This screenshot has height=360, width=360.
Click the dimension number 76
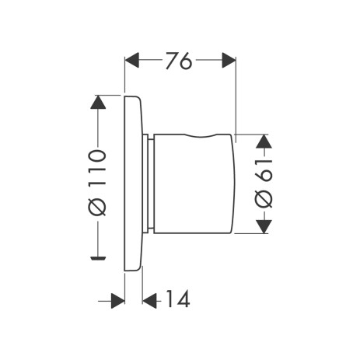click(178, 61)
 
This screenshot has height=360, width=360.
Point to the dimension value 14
click(177, 298)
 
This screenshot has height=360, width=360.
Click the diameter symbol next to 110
click(96, 208)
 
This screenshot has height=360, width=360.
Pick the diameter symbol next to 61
click(264, 199)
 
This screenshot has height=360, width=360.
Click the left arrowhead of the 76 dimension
click(132, 60)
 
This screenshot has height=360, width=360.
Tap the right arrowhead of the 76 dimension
click(228, 60)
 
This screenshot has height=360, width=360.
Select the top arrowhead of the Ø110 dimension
click(97, 102)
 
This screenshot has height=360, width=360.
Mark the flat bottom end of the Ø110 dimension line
click(97, 255)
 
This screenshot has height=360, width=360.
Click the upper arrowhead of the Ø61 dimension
click(264, 141)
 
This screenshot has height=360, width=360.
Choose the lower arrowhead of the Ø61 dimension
click(264, 225)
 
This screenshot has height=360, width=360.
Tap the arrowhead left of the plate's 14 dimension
click(117, 299)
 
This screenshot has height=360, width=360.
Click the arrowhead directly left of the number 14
click(151, 299)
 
